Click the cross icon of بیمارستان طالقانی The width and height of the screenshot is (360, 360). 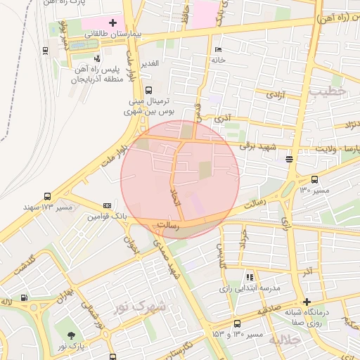[112, 22]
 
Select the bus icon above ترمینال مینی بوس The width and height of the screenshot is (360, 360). [148, 90]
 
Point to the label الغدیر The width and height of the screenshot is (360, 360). [150, 63]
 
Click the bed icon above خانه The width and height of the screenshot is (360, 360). [217, 49]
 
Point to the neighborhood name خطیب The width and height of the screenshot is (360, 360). [328, 91]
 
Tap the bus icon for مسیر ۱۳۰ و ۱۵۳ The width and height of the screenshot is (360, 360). [237, 323]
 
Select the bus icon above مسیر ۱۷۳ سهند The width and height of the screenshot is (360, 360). [47, 197]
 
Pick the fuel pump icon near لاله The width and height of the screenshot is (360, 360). [25, 297]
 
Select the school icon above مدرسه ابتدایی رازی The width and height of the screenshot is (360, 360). [249, 278]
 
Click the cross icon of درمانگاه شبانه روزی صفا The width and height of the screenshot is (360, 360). [307, 302]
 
